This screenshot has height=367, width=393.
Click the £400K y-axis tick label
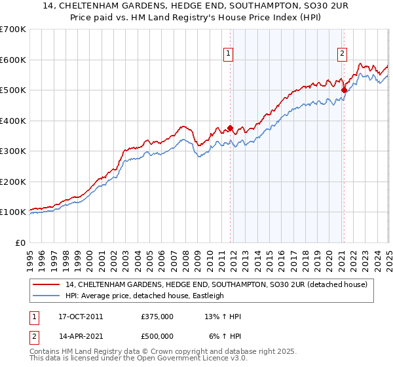pos(13,121)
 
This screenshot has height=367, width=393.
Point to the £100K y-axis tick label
pos(13,212)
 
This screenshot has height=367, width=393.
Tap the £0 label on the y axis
pos(20,242)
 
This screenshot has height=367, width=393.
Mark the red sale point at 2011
pos(230,128)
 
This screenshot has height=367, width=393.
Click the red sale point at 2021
pos(344,90)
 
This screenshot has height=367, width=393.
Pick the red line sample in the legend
pos(46,284)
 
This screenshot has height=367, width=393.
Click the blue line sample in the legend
pos(46,296)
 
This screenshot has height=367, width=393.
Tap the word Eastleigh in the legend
pos(207,296)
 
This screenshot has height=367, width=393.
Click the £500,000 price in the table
pos(157,336)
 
